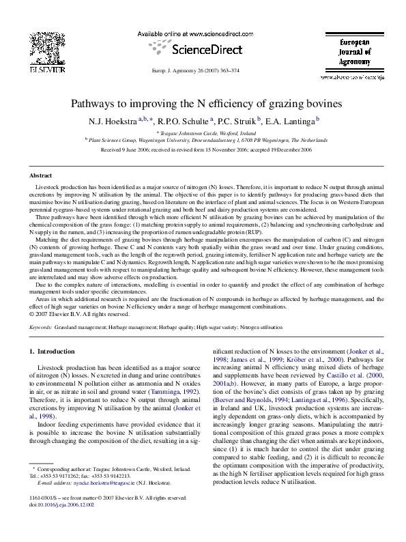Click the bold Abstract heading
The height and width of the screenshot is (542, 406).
42,175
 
